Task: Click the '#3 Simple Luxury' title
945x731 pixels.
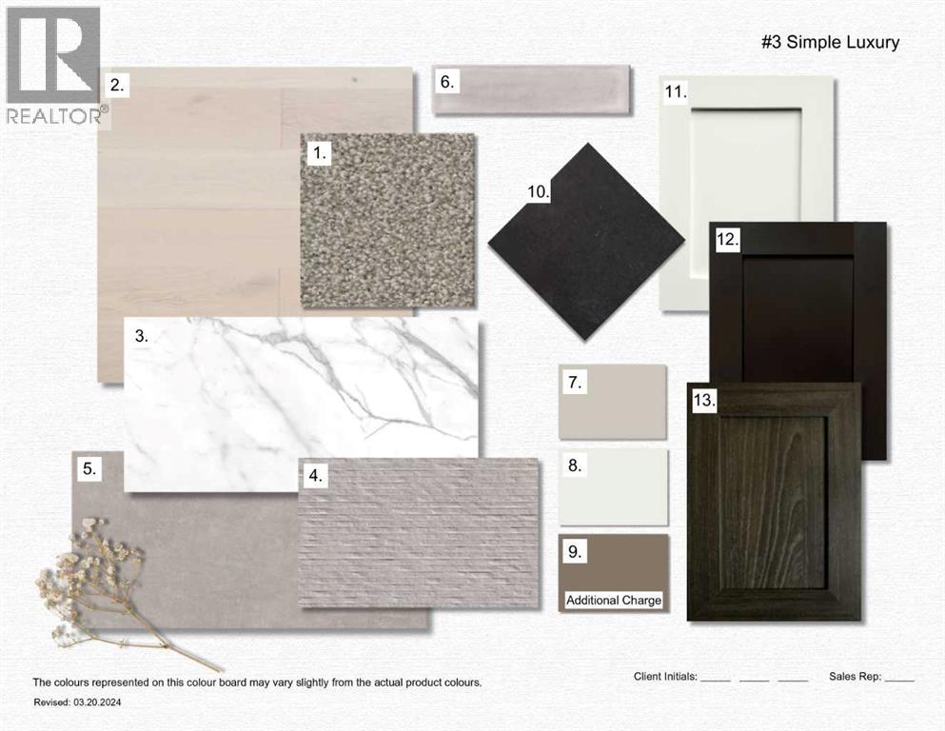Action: [831, 42]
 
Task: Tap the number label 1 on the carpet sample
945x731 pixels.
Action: [320, 153]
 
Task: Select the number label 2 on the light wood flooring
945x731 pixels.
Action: [117, 85]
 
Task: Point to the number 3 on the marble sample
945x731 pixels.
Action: [141, 336]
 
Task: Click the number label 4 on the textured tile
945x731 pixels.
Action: [315, 476]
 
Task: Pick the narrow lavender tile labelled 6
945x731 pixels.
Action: [532, 89]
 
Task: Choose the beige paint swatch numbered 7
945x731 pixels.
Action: [613, 402]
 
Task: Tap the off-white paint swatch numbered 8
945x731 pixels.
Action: [614, 487]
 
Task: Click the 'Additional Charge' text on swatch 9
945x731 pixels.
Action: [614, 601]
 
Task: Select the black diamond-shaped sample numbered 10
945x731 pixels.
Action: [586, 242]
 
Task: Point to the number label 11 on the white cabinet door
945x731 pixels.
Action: [676, 92]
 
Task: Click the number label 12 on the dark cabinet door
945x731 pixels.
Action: [727, 239]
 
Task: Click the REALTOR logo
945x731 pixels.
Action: [55, 66]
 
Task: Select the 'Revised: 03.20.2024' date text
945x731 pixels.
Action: [77, 702]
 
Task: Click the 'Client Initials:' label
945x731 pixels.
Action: [665, 677]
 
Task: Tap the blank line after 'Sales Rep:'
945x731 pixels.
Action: [900, 681]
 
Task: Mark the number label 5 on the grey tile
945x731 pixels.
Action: [89, 468]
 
